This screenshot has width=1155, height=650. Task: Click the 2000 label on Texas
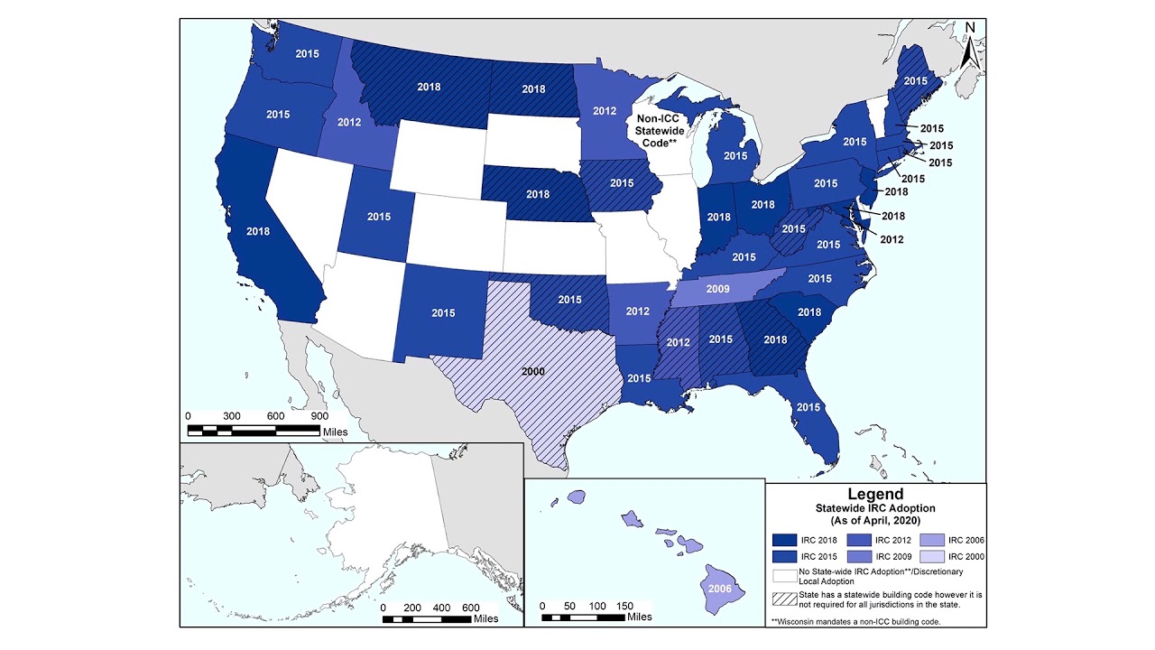(x=533, y=370)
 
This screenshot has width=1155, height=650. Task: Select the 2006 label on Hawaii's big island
(x=719, y=588)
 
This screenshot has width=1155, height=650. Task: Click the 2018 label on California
(x=258, y=230)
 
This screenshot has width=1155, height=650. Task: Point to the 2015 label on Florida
(x=808, y=407)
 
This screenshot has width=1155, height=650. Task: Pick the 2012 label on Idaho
(x=349, y=122)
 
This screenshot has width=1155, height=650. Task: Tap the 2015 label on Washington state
(x=308, y=53)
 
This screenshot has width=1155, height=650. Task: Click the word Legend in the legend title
(x=874, y=494)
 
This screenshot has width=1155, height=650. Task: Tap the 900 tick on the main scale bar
(x=319, y=415)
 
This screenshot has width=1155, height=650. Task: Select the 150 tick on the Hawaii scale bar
(x=624, y=605)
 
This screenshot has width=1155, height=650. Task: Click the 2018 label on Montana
(x=429, y=88)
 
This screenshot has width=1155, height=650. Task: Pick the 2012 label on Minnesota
(x=605, y=111)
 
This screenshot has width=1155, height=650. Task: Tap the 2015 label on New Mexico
(x=443, y=313)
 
